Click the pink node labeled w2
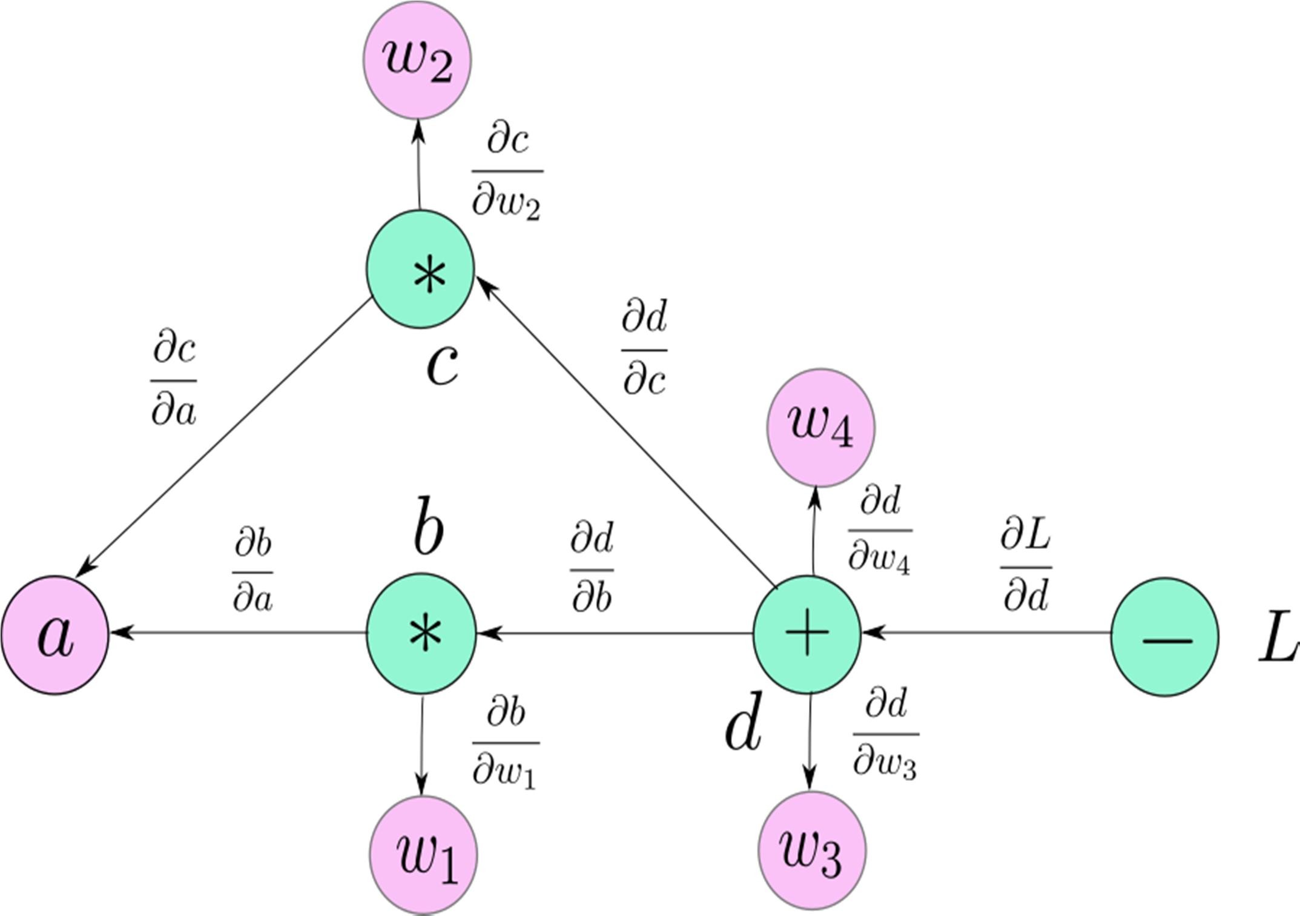417,61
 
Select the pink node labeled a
55,635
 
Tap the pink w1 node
423,855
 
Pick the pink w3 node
812,849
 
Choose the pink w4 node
820,428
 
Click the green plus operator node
807,634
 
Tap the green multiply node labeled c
420,270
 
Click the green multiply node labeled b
421,634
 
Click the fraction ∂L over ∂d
1025,567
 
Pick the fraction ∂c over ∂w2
507,172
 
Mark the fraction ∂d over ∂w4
879,530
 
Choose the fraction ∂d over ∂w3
885,734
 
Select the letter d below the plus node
742,726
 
